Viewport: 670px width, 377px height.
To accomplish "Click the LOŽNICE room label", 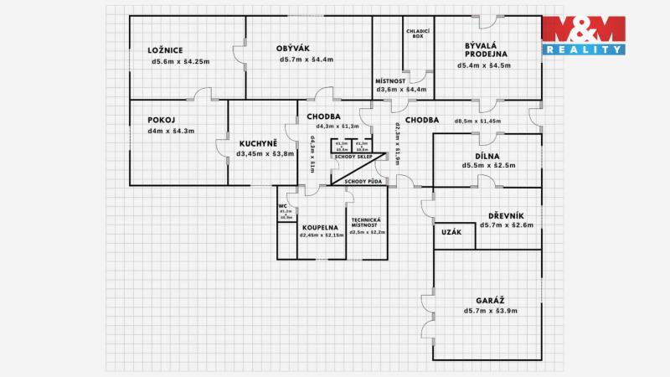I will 166,49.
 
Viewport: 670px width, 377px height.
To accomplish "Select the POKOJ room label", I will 160,119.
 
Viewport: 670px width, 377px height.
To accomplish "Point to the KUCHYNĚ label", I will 258,142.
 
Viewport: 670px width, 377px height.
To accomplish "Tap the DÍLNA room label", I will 488,154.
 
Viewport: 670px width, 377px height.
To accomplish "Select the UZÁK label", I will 452,233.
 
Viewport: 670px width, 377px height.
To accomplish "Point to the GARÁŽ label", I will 491,299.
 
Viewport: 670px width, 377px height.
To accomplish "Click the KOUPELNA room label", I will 320,226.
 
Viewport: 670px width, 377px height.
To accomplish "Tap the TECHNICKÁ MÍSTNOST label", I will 368,223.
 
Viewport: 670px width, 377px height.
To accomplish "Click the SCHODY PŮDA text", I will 363,181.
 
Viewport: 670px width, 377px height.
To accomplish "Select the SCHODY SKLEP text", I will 353,157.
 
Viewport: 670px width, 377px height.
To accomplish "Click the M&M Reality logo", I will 584,35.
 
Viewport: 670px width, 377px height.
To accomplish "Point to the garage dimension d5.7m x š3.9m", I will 491,311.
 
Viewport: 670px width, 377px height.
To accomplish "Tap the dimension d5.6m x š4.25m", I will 180,61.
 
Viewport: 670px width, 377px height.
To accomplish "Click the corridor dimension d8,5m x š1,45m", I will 477,121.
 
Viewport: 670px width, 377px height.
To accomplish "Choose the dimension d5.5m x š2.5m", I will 488,166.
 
